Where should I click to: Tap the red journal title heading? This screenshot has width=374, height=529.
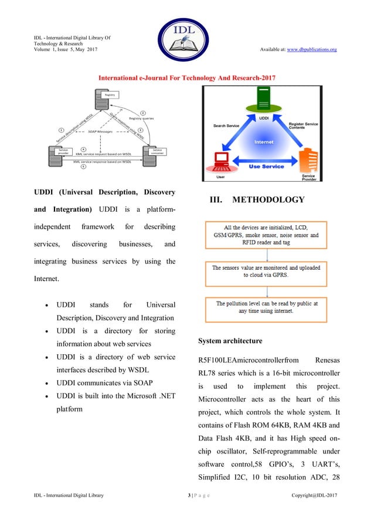tap(186, 77)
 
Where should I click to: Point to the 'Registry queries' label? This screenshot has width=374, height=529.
tap(141, 118)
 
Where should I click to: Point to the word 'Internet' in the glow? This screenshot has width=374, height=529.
tap(263, 142)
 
